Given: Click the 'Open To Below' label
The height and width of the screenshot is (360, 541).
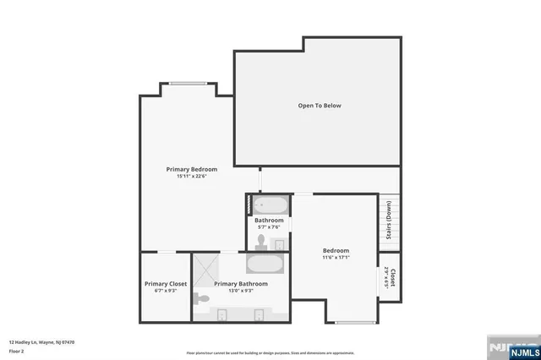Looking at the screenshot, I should click(x=320, y=106).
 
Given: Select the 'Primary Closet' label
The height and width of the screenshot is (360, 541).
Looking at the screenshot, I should click(x=166, y=284).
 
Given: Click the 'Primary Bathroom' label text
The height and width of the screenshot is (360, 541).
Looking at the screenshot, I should click(x=240, y=284).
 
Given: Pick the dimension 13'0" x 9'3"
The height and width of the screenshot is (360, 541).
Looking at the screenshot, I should click(x=240, y=292).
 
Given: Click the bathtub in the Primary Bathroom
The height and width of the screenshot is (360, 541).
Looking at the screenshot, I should click(x=268, y=263).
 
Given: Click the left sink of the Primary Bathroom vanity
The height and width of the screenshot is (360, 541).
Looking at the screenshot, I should click(x=221, y=315).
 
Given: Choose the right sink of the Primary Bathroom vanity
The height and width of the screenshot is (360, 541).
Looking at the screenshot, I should click(x=259, y=315).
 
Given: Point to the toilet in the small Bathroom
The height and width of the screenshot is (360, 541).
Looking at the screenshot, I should click(x=261, y=242).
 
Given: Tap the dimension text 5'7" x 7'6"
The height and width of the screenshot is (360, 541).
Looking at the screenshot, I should click(x=270, y=227).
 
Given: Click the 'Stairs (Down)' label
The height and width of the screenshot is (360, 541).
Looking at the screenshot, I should click(x=389, y=221).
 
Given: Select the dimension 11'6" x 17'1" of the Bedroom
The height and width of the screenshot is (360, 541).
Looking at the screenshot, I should click(x=336, y=258).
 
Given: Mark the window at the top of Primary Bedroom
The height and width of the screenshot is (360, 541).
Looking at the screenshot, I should click(x=187, y=83).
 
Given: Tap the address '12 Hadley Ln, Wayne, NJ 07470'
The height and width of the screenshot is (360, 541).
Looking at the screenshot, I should click(x=42, y=342).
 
